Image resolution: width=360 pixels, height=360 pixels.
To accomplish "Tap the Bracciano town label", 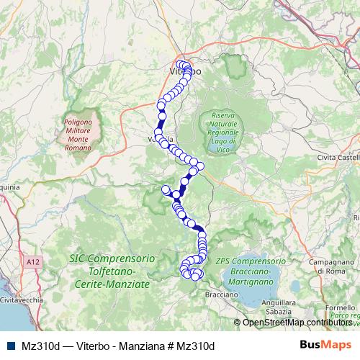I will tap(222, 294).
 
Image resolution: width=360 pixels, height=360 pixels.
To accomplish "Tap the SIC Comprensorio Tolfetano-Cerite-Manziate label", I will tap(109, 271).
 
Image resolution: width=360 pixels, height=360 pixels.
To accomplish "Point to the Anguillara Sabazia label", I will tap(268, 307).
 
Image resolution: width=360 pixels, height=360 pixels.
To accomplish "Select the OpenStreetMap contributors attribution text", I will tap(295, 323).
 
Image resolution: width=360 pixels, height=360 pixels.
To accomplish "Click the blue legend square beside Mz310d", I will tap(8, 345).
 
